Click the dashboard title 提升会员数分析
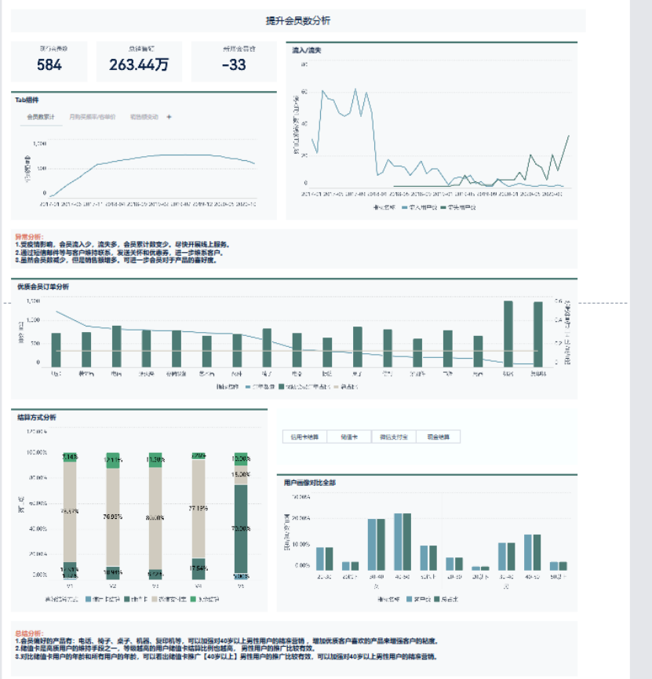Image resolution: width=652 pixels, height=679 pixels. click(x=298, y=21)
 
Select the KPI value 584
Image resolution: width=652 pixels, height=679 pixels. click(x=49, y=65)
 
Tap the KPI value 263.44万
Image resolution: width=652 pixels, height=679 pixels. click(x=139, y=65)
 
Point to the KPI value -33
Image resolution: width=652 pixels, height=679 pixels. click(x=234, y=65)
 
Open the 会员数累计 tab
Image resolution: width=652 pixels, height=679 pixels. click(x=41, y=117)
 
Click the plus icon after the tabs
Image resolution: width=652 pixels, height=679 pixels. click(x=169, y=117)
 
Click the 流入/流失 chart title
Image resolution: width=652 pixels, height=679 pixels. click(x=306, y=50)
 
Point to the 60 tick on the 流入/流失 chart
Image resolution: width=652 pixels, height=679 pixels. click(x=304, y=91)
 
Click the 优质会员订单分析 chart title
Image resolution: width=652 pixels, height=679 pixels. click(x=43, y=287)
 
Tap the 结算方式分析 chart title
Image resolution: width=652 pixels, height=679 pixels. click(x=37, y=417)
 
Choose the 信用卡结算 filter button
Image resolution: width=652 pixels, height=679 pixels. click(x=304, y=436)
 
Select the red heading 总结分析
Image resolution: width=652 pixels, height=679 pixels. click(x=29, y=631)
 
